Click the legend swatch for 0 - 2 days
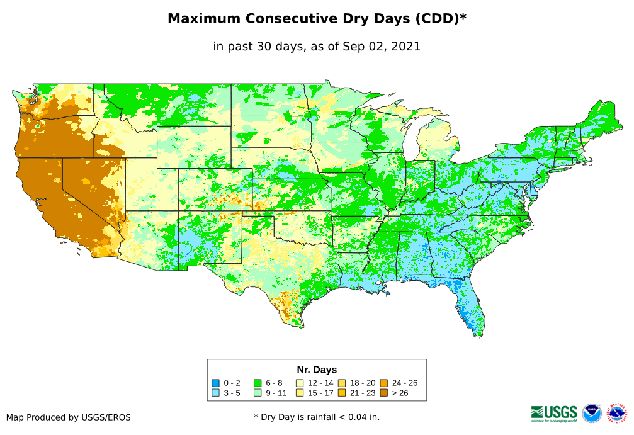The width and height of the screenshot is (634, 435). (215, 383)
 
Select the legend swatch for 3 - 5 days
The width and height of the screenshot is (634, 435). (215, 393)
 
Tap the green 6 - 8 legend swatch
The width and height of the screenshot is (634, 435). (257, 383)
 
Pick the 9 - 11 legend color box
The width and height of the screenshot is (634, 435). (257, 393)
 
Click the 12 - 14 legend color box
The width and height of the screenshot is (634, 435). (300, 383)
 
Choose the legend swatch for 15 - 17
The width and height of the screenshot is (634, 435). (300, 393)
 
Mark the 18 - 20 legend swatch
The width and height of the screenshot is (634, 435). (341, 383)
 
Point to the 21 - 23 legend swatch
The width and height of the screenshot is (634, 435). (341, 393)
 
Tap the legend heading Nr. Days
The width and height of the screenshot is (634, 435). (317, 370)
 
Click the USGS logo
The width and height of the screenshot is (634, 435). (554, 413)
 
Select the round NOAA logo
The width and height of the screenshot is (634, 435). (592, 414)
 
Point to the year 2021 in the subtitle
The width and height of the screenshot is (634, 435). (405, 46)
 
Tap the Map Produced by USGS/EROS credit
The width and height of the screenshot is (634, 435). (69, 417)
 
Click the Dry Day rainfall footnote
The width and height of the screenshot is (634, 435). (317, 417)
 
